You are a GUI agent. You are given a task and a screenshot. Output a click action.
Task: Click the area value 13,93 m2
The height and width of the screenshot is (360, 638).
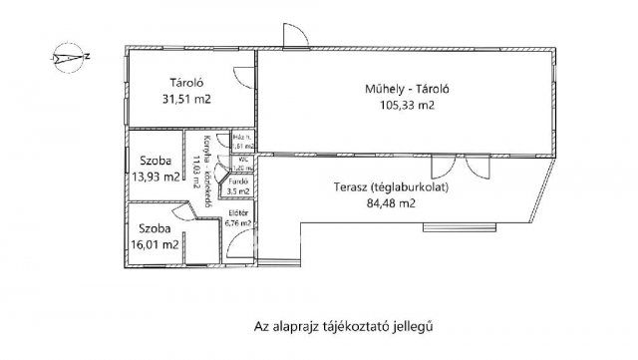[x=158, y=179]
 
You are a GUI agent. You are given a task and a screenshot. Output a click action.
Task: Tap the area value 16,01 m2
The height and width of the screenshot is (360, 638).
[x=159, y=243]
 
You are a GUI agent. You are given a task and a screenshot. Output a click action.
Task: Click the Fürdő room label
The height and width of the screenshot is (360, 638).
[x=239, y=181]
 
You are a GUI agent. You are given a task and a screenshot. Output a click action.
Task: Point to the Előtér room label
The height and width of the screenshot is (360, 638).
[x=238, y=213]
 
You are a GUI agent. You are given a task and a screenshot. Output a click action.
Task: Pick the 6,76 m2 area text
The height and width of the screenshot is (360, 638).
[x=239, y=223]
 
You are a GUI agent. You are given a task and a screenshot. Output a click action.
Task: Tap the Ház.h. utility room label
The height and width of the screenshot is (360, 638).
[x=239, y=138]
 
